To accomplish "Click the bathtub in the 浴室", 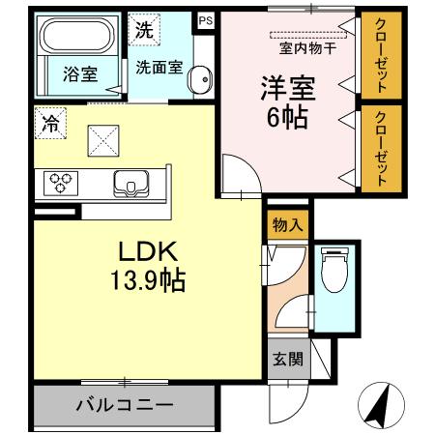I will pos(78,39).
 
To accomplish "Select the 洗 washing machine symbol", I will pos(143,29).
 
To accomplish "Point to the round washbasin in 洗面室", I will pos(200,81).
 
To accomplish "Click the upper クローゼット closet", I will pos(380,57).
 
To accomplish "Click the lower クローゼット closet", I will pos(380,148).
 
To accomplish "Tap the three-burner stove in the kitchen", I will pos(61,182).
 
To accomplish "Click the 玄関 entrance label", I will pos(287,360).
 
